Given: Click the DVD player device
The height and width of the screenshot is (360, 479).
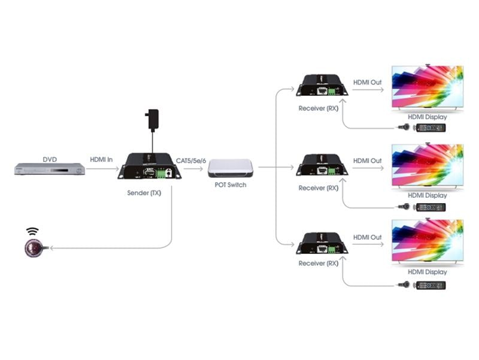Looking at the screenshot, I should [50, 169].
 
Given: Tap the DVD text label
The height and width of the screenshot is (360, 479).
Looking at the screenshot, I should [50, 159].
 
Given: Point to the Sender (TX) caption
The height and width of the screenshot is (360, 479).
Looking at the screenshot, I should [144, 193].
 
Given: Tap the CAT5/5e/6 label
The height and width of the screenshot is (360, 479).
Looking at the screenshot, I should [191, 159].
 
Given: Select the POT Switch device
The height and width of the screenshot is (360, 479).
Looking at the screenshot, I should [231, 168].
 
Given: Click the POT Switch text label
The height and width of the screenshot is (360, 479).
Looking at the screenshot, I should [231, 185].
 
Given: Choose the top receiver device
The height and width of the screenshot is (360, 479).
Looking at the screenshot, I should [322, 86].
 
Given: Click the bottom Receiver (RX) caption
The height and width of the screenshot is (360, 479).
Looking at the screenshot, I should [318, 264].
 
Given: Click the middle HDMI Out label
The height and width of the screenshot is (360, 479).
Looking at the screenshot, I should [367, 161].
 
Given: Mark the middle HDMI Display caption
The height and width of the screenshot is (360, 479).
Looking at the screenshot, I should [428, 195].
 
